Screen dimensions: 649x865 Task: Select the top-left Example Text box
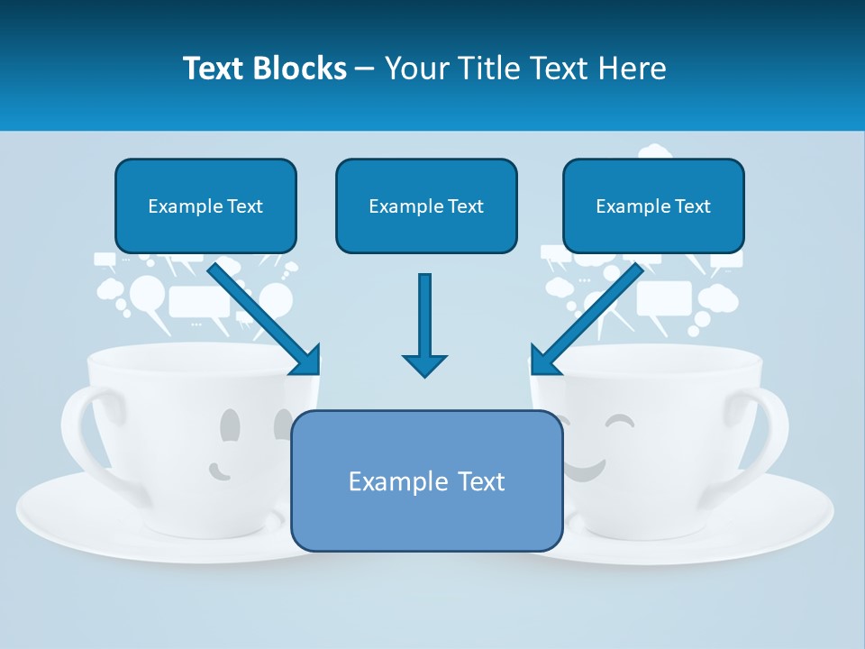[205, 206]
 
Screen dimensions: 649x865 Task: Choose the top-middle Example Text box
[426, 206]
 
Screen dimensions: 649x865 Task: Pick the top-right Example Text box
[653, 206]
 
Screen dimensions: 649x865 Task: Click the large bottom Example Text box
[426, 480]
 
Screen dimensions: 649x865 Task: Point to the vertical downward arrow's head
[424, 364]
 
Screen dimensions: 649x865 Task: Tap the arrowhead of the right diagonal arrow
[543, 361]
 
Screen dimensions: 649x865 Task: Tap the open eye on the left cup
[231, 424]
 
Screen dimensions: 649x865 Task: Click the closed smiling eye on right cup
[619, 420]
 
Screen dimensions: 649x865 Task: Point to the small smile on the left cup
[219, 470]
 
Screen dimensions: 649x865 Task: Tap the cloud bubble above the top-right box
[655, 151]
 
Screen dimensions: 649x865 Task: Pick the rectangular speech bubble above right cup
[664, 297]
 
